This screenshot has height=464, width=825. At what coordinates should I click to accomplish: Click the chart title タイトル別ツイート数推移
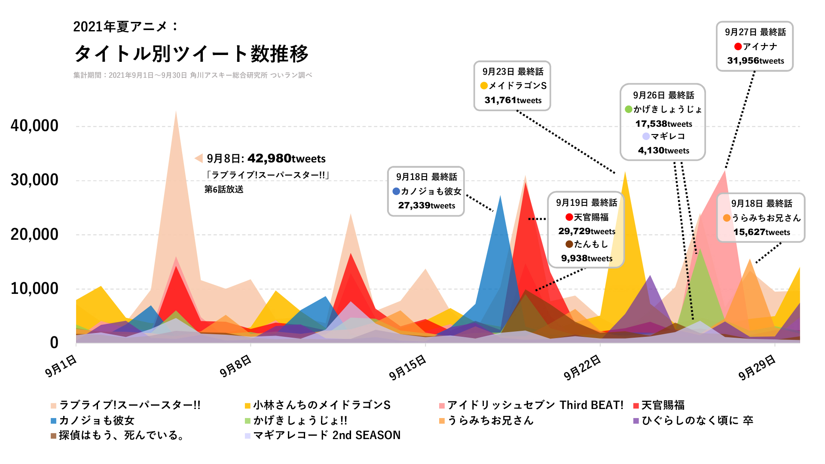pos(191,54)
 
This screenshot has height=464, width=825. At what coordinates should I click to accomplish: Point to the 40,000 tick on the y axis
pos(34,126)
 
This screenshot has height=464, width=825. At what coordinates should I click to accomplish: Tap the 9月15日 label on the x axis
pos(407,368)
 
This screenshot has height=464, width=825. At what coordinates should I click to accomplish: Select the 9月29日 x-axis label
pos(757,368)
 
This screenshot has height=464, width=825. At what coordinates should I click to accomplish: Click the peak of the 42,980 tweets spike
pos(176,113)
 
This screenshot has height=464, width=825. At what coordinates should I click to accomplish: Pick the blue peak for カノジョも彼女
pos(500,197)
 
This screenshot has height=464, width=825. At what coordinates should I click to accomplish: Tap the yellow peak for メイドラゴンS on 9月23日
pos(625,173)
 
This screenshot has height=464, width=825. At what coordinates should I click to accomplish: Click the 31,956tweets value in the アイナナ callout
pos(755,61)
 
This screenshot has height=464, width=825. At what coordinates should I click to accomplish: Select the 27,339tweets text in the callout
pos(426,205)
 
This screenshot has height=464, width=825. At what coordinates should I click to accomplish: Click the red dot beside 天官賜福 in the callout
pos(569,217)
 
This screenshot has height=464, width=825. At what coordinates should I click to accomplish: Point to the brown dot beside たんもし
pos(569,244)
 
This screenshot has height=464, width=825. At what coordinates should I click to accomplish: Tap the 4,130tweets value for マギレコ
pos(663,150)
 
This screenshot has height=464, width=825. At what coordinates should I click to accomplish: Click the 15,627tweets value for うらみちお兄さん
pos(761,232)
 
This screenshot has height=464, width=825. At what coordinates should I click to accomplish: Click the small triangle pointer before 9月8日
pos(199,158)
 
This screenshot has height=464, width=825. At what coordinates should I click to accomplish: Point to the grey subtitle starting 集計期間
pos(192,75)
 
